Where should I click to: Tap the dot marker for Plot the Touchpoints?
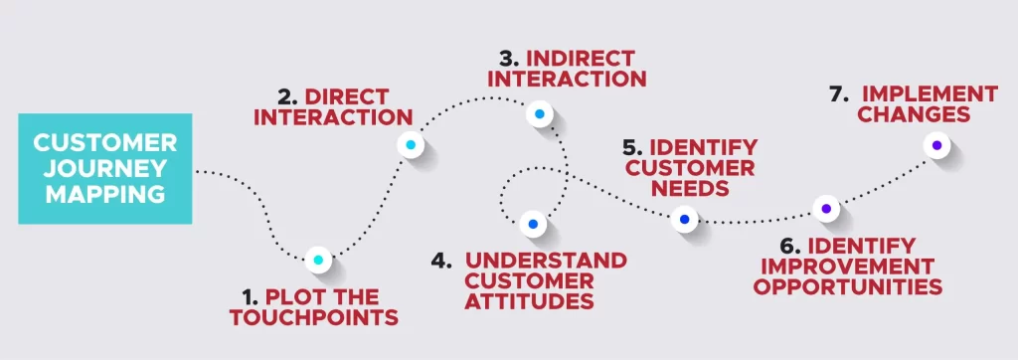(x=318, y=261)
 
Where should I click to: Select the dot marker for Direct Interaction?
(x=410, y=145)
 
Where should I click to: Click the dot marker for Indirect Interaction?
(x=538, y=115)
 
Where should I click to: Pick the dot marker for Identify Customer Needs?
(x=684, y=219)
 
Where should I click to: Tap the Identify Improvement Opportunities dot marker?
(x=823, y=209)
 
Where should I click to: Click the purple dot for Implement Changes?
(x=935, y=146)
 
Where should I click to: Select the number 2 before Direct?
(x=287, y=96)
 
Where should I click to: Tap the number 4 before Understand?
(x=442, y=261)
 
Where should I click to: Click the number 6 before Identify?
(x=788, y=246)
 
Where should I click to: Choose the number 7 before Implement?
(x=837, y=94)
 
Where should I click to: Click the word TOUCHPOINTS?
(x=314, y=318)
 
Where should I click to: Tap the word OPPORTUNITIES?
(x=847, y=286)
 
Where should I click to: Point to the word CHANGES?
(x=914, y=115)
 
